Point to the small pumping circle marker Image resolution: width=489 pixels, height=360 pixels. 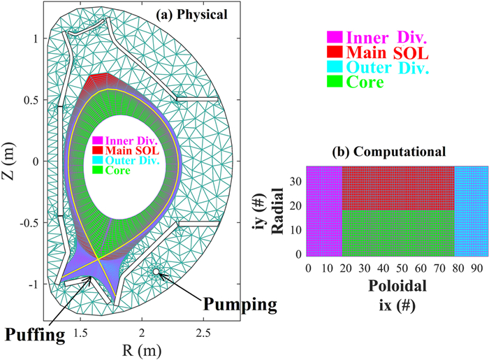pos(156,271)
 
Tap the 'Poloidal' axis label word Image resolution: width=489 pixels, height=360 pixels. pos(395,287)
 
